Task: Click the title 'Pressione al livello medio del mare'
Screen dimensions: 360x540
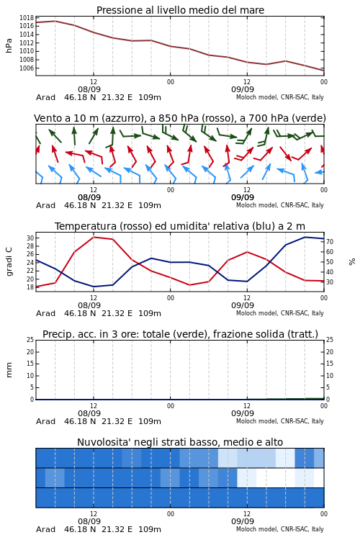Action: [180, 10]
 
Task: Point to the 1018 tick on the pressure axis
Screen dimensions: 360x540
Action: [27, 17]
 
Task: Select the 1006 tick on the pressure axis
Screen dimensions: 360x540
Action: [27, 68]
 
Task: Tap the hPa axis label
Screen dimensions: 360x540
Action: [9, 45]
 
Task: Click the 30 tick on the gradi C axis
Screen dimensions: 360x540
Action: [30, 238]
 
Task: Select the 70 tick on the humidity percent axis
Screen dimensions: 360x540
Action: [330, 242]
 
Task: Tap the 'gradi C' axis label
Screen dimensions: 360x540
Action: [9, 262]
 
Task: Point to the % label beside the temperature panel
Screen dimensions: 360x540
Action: [352, 262]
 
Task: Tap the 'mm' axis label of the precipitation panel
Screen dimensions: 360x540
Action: [9, 370]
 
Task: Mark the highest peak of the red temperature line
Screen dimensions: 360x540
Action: [94, 238]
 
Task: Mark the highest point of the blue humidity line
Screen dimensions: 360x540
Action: [305, 237]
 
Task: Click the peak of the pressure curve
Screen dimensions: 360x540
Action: [55, 21]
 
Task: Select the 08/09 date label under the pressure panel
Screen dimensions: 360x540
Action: [89, 90]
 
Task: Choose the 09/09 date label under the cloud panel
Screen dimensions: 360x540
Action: [243, 522]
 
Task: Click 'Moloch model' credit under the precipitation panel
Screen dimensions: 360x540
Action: [256, 421]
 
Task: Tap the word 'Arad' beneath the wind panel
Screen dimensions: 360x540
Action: [45, 206]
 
